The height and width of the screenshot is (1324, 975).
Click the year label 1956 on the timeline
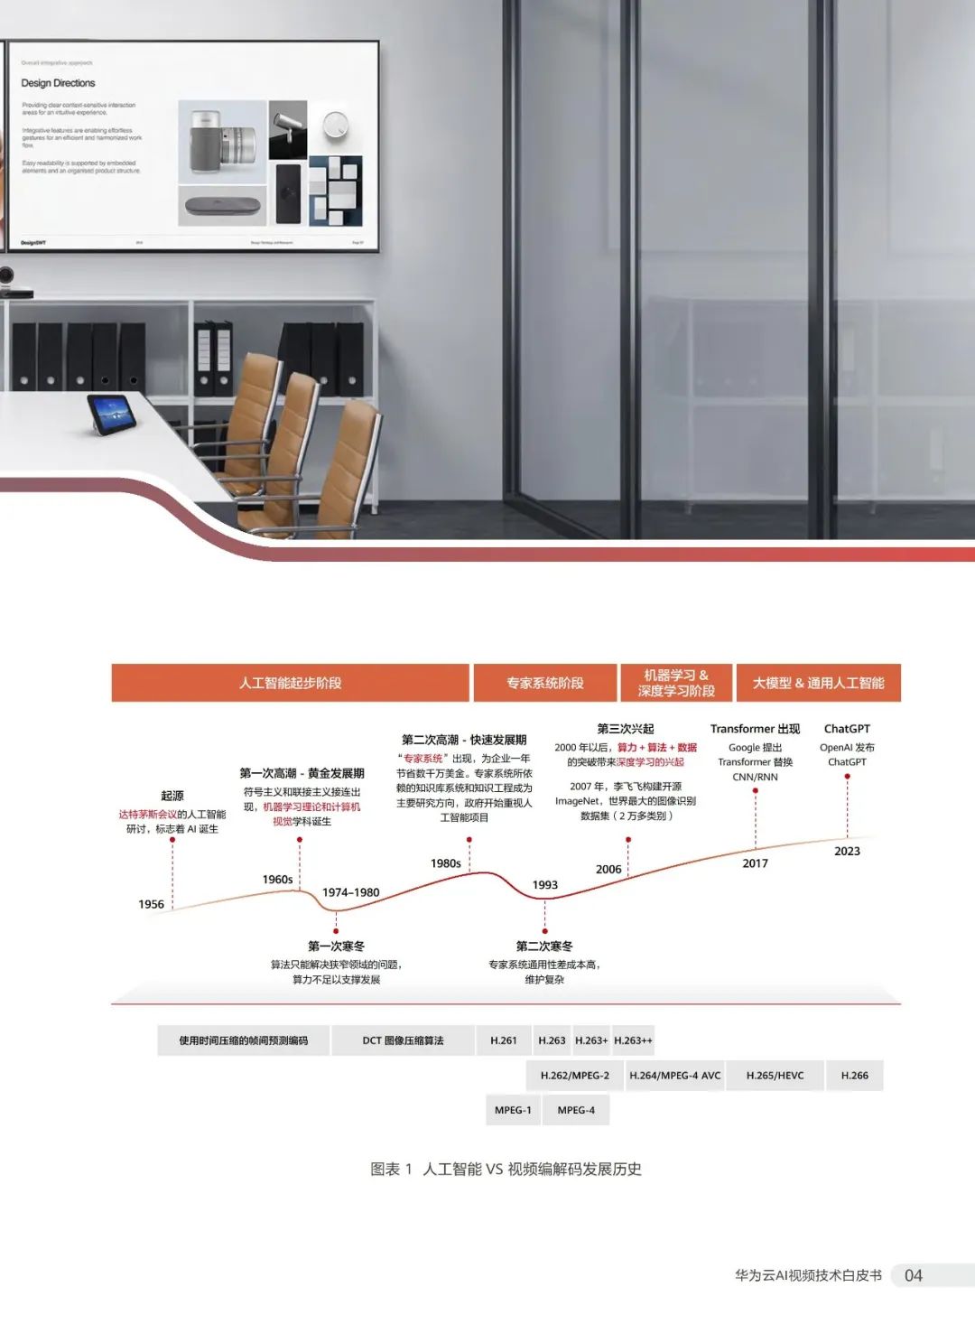[152, 904]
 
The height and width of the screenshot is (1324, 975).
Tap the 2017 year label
[755, 863]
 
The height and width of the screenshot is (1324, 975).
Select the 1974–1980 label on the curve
[350, 892]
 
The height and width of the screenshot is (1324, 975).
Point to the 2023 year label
[847, 851]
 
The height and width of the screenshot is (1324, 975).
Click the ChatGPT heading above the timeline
[847, 729]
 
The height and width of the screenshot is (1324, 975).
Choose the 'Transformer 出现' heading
[755, 729]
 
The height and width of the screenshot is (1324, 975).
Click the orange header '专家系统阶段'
[544, 683]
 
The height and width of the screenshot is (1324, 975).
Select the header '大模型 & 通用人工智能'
[818, 683]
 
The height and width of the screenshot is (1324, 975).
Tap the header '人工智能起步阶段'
[290, 683]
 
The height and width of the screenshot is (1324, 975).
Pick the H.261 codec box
[504, 1040]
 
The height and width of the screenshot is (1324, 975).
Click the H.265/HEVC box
[775, 1076]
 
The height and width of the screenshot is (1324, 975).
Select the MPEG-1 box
[513, 1110]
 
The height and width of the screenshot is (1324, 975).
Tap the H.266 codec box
[854, 1076]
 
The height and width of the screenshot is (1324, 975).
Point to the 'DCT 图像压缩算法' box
[403, 1040]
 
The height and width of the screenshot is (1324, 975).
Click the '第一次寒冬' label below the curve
[336, 946]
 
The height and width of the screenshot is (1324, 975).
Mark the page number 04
[914, 1275]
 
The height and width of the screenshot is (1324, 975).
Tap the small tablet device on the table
[111, 413]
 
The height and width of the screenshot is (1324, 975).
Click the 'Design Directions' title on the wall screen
[58, 83]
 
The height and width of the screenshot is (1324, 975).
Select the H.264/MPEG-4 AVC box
[674, 1076]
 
